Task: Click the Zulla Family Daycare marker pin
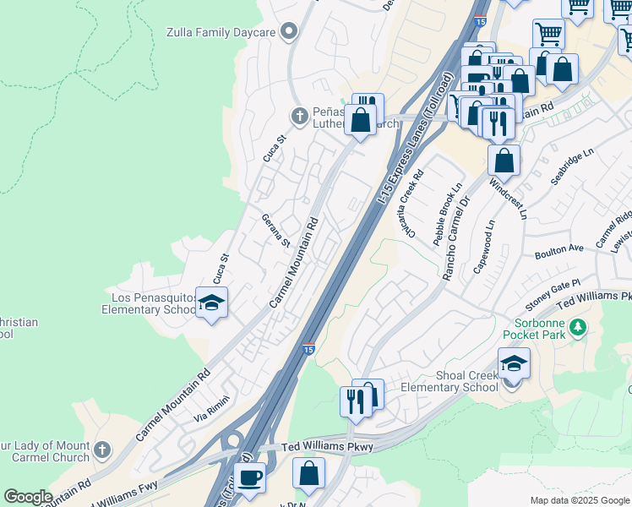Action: (290, 32)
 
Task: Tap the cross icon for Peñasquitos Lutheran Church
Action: (298, 115)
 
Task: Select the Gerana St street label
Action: (275, 229)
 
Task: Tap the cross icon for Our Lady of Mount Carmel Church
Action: (102, 450)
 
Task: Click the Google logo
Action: (28, 497)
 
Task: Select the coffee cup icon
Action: (249, 477)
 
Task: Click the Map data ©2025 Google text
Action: (579, 500)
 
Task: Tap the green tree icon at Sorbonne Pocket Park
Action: (578, 326)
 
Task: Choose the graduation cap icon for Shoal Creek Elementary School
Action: (513, 364)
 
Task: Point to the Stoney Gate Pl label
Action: (554, 288)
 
